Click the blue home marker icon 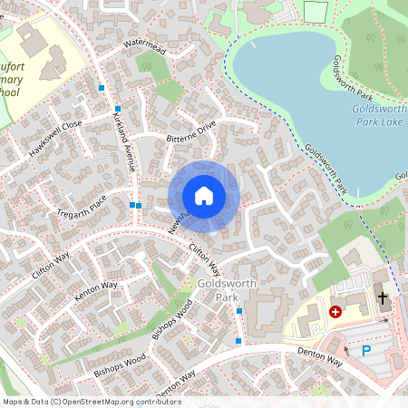point(204,196)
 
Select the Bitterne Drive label point(191,131)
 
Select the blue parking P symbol point(366,351)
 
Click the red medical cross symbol point(335,311)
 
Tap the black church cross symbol point(382,296)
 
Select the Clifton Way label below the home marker point(204,258)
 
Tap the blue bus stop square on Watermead point(102,87)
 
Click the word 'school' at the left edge point(8,93)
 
